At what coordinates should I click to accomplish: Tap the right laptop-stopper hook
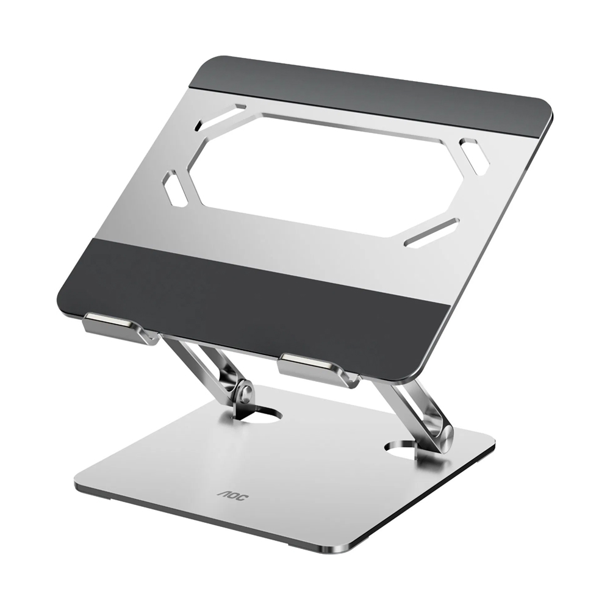click(316, 367)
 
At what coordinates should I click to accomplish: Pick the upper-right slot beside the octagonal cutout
click(473, 153)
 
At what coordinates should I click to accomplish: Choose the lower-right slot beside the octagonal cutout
click(431, 232)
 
